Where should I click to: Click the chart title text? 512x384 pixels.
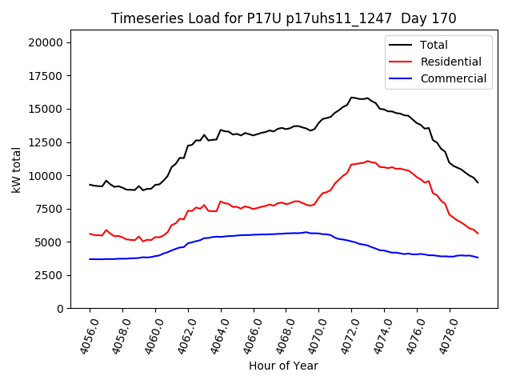[x=283, y=18]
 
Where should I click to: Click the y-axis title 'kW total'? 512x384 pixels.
[x=17, y=170]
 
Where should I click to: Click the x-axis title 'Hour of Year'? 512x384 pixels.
[x=283, y=366]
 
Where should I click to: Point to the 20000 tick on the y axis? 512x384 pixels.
[x=49, y=42]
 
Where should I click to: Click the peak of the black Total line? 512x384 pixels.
[x=352, y=98]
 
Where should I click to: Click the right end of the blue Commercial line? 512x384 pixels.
[x=478, y=258]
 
